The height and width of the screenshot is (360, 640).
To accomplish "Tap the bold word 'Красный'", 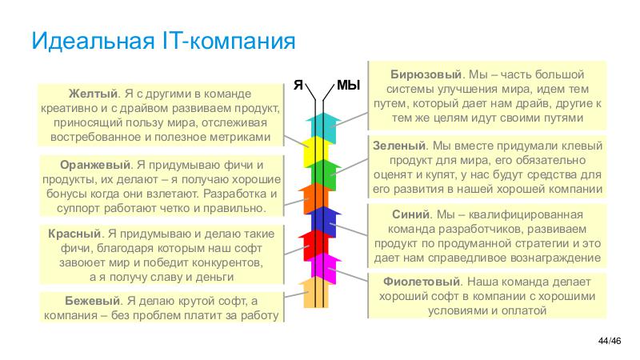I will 74,234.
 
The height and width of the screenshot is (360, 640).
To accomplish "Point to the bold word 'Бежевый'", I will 92,301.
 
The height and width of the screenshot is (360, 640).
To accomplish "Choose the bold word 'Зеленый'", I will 399,146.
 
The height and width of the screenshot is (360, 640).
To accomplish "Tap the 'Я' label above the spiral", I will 298,83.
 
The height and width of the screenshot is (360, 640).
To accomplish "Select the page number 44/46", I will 610,342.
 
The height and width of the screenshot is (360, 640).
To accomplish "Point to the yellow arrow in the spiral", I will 316,148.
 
